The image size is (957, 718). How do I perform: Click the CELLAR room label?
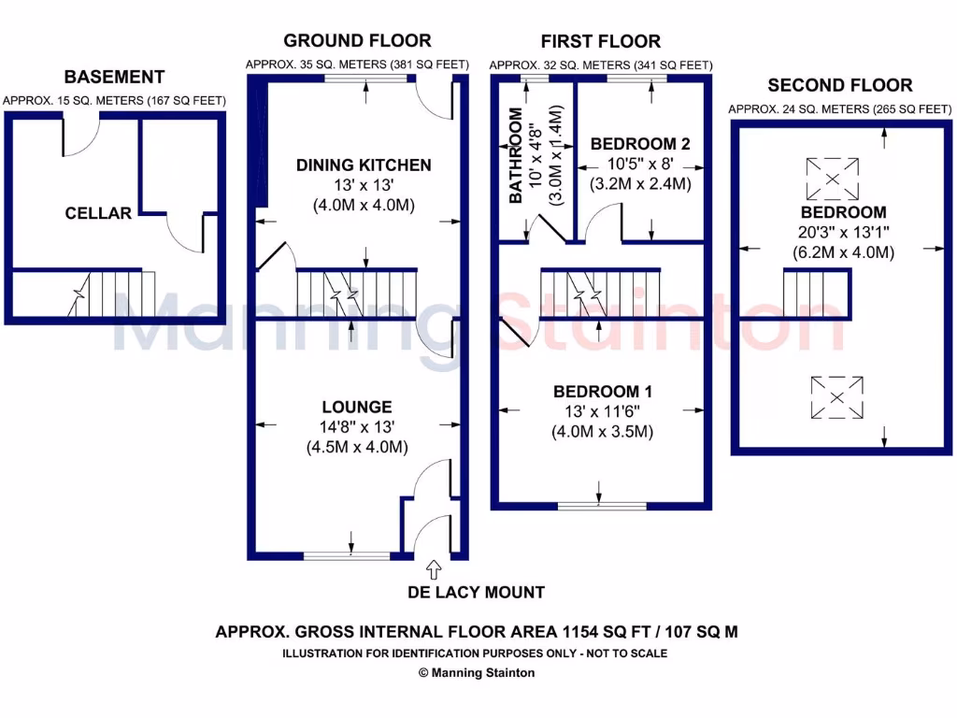tap(98, 213)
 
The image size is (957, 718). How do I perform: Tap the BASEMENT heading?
tap(114, 77)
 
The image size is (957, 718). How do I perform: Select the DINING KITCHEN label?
tap(364, 165)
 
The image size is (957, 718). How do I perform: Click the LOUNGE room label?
tap(356, 408)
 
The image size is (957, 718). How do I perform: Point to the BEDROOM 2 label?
tap(640, 144)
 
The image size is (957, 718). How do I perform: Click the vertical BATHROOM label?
tap(515, 156)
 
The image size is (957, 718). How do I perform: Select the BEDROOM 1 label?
tap(602, 392)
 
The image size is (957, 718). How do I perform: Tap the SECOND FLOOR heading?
tap(839, 85)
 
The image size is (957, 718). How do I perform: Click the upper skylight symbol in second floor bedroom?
tap(833, 178)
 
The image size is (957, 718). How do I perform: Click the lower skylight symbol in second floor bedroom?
tap(837, 397)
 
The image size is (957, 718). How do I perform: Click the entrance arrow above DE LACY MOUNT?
tap(433, 567)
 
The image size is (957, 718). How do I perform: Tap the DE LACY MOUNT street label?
tap(477, 592)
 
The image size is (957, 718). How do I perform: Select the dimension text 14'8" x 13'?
tap(356, 427)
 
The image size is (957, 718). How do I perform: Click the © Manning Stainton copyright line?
tap(477, 673)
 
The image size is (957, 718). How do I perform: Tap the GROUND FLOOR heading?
tap(357, 40)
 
